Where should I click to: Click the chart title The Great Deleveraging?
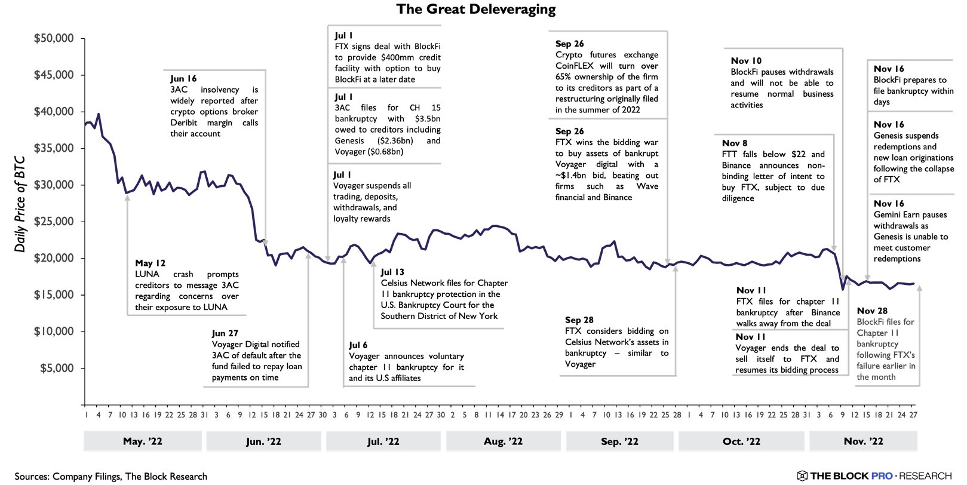[476, 9]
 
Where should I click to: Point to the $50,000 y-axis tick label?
[54, 39]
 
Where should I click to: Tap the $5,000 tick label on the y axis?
[57, 369]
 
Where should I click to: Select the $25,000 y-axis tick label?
[54, 222]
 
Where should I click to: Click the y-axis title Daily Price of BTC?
[20, 204]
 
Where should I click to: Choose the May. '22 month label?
[142, 441]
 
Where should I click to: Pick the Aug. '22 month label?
[503, 441]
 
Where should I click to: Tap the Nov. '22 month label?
[863, 441]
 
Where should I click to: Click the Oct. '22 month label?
[741, 441]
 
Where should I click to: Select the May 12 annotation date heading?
[150, 263]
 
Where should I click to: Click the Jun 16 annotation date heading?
[183, 79]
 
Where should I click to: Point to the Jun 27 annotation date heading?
[225, 333]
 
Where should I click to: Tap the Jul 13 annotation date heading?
[392, 272]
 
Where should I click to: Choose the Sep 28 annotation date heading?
[579, 320]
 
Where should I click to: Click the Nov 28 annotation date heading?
[872, 311]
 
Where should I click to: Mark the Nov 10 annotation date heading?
[746, 61]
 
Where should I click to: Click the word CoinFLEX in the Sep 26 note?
[575, 66]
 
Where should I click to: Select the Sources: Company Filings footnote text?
[111, 476]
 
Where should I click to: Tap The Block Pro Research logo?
[874, 476]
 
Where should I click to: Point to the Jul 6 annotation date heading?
[358, 345]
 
